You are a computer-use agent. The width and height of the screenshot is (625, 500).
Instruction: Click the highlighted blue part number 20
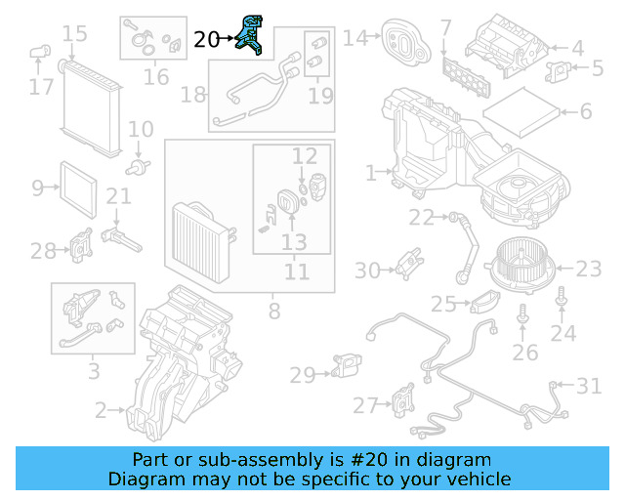point(255,36)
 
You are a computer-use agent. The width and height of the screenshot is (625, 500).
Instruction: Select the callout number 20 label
point(207,40)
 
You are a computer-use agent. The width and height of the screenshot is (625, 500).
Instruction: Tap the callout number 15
point(74,36)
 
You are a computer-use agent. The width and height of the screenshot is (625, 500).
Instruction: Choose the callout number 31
point(589,387)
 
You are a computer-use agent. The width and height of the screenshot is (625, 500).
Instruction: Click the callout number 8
point(273,312)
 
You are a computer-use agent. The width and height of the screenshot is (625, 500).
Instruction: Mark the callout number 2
point(101,411)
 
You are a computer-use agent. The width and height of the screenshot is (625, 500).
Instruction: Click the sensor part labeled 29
point(350,365)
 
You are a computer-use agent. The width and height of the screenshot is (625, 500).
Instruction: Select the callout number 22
point(421,217)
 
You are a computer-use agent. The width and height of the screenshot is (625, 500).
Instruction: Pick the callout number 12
point(305,155)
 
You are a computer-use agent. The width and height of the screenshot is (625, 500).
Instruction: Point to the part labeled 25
point(485,302)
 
